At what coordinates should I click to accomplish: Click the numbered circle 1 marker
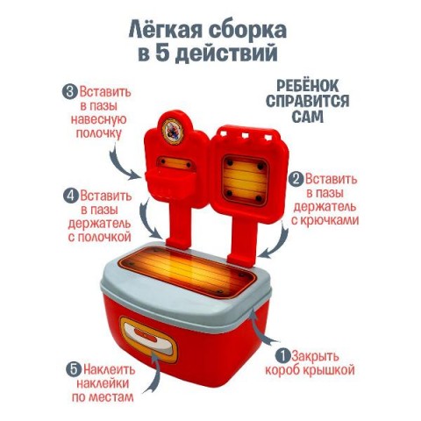(282, 356)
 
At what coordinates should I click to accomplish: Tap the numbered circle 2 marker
(296, 179)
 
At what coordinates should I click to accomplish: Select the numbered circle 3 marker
(69, 92)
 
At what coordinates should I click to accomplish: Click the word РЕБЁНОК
(308, 86)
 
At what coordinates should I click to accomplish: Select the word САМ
(308, 116)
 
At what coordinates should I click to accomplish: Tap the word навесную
(98, 120)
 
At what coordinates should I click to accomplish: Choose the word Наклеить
(109, 370)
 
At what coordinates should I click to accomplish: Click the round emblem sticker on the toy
(173, 129)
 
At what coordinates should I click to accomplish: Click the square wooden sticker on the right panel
(245, 180)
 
